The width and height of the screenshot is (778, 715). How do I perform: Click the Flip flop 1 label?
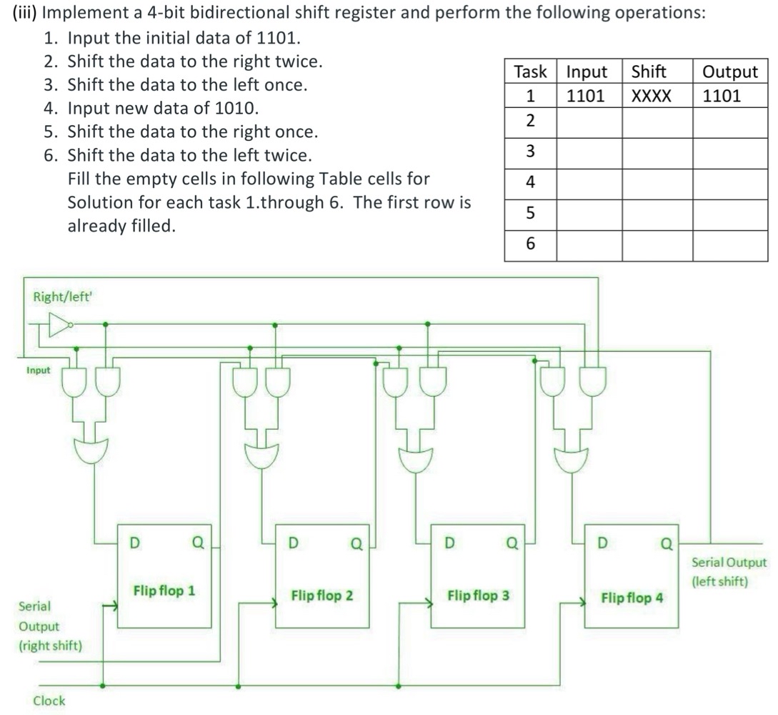(x=164, y=591)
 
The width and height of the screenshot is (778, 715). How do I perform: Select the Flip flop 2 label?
(x=321, y=595)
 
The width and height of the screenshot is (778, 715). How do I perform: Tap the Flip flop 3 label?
(x=478, y=595)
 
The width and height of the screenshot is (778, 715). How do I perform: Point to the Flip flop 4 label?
(x=632, y=598)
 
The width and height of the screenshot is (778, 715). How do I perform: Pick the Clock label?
(x=49, y=701)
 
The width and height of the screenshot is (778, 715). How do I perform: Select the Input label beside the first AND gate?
(x=39, y=370)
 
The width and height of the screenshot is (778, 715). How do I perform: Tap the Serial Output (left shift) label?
(x=729, y=572)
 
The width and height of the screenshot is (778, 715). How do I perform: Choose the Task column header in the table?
(x=530, y=71)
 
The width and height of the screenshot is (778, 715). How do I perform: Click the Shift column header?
(x=649, y=71)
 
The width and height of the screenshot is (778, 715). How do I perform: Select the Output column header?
(x=730, y=71)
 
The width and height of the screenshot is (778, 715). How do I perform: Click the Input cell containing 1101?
(x=586, y=96)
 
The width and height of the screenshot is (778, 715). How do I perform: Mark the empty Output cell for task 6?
(x=730, y=245)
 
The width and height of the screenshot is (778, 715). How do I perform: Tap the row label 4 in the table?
(x=530, y=182)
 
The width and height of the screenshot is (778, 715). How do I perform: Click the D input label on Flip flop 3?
(x=449, y=543)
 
